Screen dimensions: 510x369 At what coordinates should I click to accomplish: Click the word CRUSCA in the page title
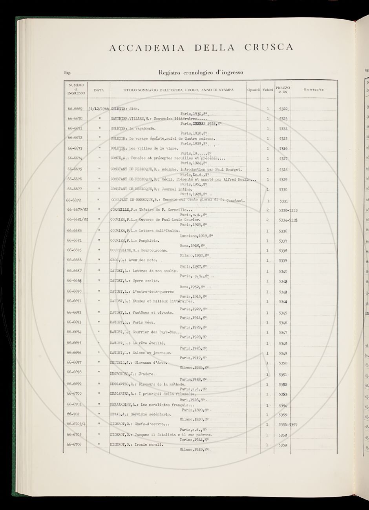269,48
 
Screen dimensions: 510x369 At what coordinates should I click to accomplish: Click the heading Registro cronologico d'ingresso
201,72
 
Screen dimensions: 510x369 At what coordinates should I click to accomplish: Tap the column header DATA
99,90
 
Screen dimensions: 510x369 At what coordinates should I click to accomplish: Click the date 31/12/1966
99,109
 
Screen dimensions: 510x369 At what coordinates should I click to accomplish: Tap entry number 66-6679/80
77,209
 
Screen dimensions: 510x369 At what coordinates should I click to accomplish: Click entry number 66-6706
75,444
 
